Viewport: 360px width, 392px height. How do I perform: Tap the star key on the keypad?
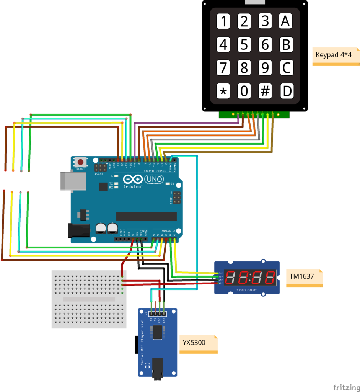[223, 91]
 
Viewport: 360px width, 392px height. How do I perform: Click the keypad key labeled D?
[286, 91]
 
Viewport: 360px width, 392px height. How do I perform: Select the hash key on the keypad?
[265, 91]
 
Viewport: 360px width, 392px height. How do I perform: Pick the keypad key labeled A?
[286, 21]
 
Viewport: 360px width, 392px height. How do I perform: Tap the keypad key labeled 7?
[223, 68]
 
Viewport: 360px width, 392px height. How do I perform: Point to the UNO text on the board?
[154, 179]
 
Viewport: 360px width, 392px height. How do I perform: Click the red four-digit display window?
[250, 277]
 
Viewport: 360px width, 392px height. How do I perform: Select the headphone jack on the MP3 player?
[158, 369]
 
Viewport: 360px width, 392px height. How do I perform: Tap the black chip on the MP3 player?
[158, 332]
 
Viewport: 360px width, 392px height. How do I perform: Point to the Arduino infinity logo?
[132, 179]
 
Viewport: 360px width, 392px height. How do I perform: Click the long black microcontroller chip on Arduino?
[146, 216]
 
